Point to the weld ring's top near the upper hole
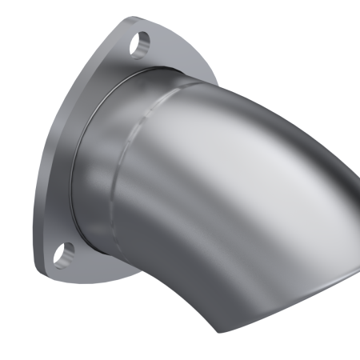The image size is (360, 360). click(x=148, y=70)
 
